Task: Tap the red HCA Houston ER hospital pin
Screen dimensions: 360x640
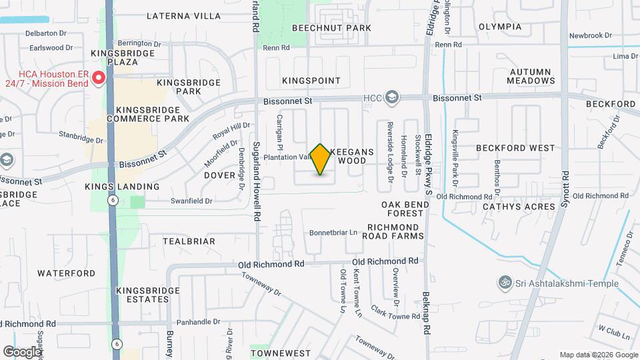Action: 99,79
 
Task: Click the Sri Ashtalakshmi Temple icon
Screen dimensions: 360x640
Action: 505,284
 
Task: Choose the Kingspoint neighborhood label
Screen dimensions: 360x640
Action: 311,81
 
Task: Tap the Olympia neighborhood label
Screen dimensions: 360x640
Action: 500,27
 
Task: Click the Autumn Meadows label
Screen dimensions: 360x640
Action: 531,76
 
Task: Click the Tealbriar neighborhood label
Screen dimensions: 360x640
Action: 189,241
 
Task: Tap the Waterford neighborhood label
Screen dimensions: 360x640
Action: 66,273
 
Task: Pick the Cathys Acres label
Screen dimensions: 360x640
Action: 519,207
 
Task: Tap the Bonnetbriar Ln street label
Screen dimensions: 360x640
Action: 333,233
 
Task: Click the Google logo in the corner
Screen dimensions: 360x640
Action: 22,352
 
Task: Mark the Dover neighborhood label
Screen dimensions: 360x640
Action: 220,175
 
